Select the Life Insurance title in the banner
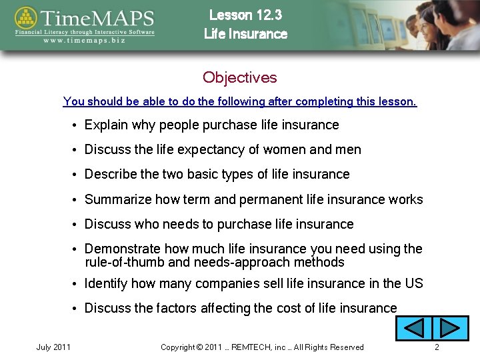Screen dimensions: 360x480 pos(245,34)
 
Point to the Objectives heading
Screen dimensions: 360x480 pos(239,77)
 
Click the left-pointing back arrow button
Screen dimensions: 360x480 pos(415,329)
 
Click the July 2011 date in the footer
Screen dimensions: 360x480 pos(54,347)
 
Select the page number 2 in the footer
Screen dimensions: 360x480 pos(437,347)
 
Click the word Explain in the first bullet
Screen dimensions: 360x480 pos(107,125)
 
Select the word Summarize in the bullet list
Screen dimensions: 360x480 pos(118,199)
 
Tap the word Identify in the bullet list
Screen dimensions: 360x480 pos(106,283)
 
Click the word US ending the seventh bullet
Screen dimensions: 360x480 pos(413,283)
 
